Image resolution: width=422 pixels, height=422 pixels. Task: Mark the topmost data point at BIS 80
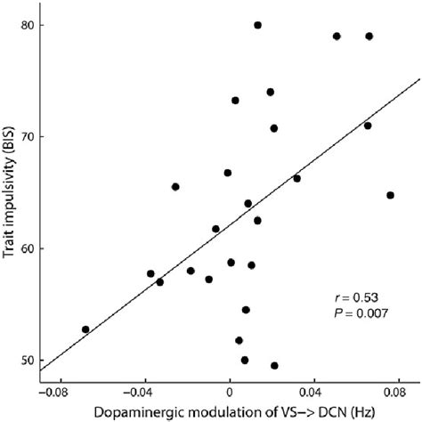click(257, 25)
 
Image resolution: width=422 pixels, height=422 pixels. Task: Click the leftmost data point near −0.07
click(85, 329)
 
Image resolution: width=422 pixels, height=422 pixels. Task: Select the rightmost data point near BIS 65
click(390, 195)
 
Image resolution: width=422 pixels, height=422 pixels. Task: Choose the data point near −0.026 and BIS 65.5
click(175, 187)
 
